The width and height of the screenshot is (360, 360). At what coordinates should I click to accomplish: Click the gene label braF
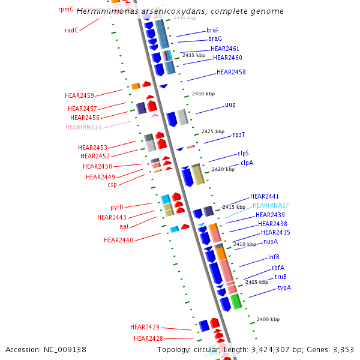(x=212, y=29)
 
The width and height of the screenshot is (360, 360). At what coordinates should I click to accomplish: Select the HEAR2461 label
(x=225, y=49)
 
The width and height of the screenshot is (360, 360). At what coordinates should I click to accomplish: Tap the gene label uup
(x=230, y=104)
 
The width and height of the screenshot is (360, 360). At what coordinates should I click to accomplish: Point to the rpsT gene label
(x=239, y=135)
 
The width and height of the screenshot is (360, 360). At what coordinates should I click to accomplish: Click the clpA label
(x=247, y=163)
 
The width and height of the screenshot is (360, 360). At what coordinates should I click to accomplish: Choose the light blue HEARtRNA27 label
(x=271, y=205)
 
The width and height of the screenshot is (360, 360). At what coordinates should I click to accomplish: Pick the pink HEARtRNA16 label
(x=84, y=127)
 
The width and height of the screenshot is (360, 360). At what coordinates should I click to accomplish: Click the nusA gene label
(x=271, y=241)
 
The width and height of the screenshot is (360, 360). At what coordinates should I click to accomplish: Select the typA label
(x=284, y=287)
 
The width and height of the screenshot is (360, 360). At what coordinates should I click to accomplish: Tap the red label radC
(x=71, y=30)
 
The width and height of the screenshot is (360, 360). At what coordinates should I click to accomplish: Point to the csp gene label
(x=112, y=184)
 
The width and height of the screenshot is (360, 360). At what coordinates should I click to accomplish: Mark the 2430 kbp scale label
(x=203, y=94)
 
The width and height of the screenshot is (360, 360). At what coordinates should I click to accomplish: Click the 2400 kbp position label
(x=268, y=320)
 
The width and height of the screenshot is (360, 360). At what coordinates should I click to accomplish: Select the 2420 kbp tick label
(x=223, y=169)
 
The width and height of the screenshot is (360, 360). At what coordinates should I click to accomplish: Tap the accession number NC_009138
(x=65, y=349)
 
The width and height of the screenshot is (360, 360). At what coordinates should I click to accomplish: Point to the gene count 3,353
(x=342, y=349)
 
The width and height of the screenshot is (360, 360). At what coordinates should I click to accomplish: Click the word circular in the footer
(x=207, y=349)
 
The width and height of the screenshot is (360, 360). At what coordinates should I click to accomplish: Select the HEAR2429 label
(x=145, y=327)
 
